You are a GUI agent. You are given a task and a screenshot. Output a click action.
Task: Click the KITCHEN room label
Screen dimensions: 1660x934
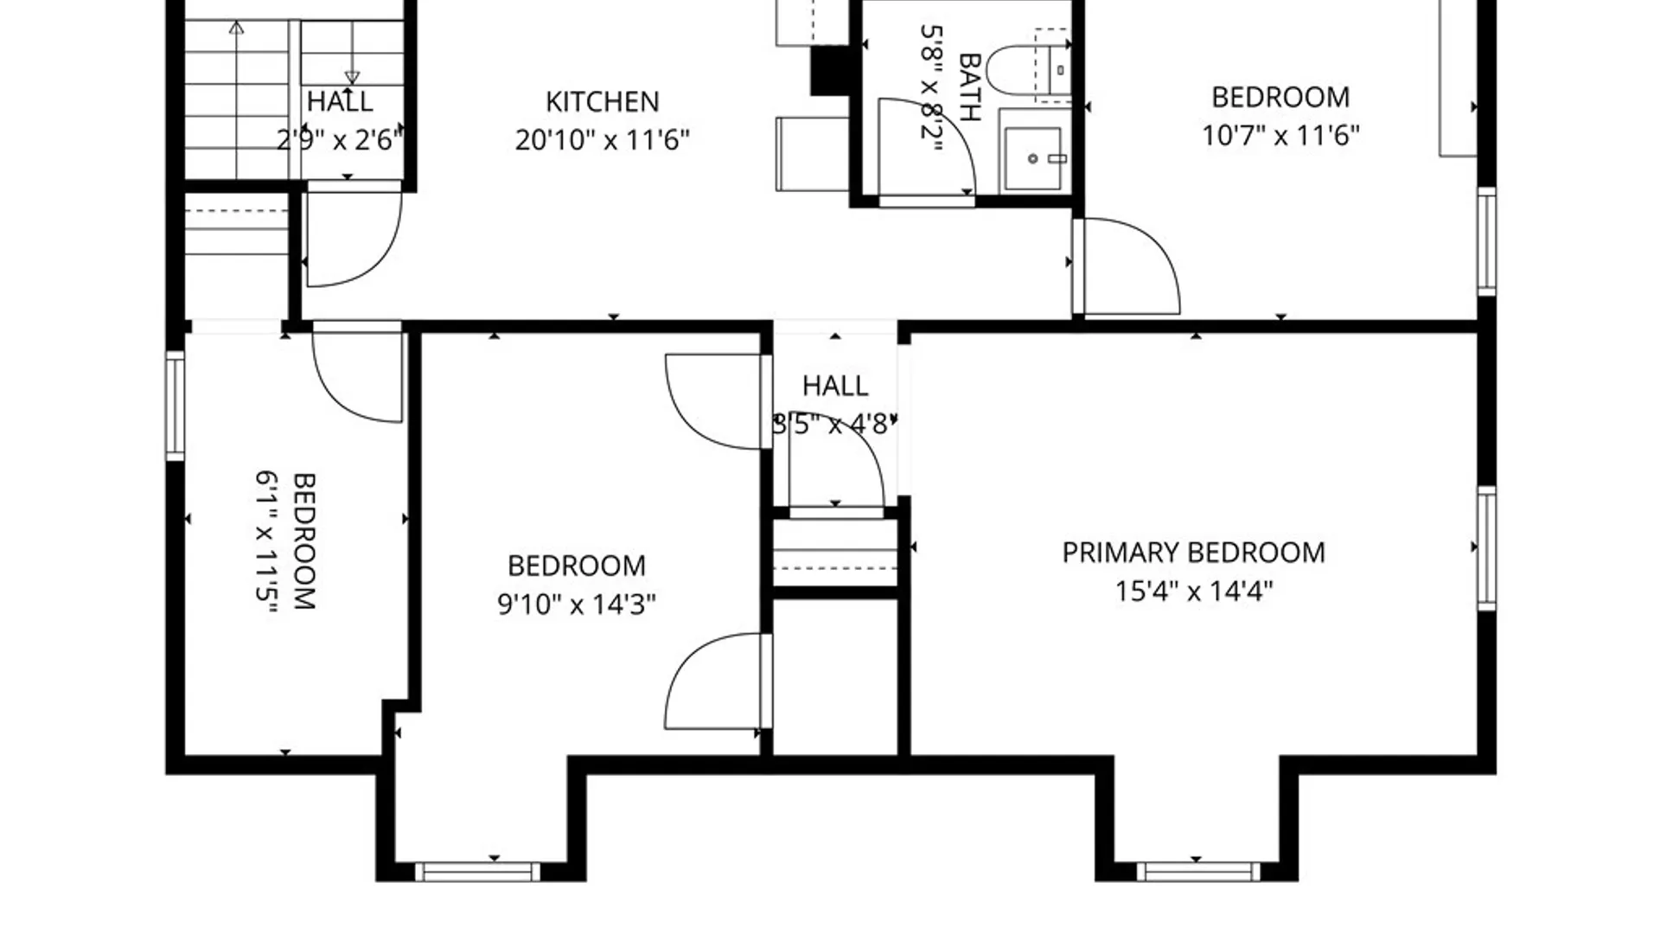602,102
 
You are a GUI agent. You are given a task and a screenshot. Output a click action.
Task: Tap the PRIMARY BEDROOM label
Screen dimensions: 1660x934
1193,553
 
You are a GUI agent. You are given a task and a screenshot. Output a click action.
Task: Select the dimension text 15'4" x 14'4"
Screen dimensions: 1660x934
1193,592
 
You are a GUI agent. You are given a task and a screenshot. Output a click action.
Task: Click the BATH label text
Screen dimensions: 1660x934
970,87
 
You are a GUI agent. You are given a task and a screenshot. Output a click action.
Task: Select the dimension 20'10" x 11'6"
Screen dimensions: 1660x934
602,140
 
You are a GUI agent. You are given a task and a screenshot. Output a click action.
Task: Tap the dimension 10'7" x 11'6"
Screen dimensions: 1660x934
1280,136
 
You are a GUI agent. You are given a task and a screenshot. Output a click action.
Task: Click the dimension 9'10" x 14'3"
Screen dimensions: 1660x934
576,604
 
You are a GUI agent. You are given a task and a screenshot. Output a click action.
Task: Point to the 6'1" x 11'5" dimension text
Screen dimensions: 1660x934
268,541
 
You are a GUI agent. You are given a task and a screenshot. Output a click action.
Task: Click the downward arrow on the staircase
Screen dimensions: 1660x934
352,52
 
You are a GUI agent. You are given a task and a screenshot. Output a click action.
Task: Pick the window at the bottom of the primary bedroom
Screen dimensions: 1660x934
1197,872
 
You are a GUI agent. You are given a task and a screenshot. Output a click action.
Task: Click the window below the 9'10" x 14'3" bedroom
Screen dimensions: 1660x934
477,872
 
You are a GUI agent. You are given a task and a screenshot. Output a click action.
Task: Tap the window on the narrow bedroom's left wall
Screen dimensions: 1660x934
176,406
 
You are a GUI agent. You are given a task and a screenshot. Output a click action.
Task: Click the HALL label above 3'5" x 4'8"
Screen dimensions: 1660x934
835,386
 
